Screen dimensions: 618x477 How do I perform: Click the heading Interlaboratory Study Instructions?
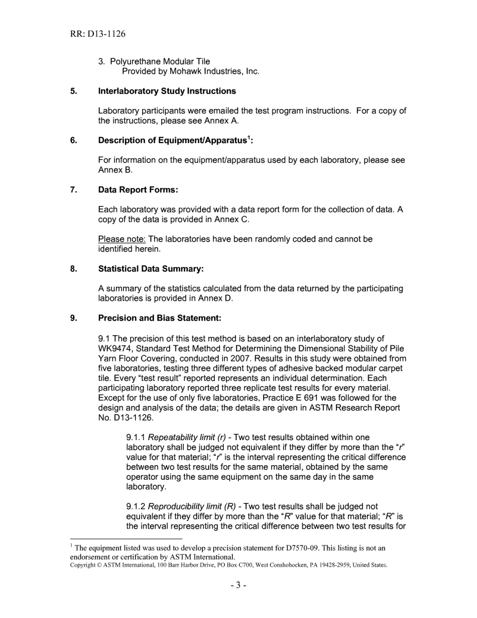tap(167, 91)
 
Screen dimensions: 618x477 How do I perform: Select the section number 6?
tap(74, 140)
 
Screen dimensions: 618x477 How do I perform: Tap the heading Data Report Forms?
tap(138, 189)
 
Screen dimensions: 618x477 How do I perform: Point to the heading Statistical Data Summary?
tap(151, 269)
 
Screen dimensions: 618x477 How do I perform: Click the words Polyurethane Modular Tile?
tap(160, 62)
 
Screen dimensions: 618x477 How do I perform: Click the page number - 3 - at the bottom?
tap(238, 586)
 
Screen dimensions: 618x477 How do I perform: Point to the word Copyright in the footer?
tap(82, 565)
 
